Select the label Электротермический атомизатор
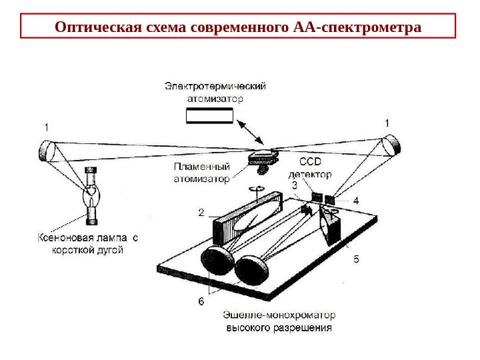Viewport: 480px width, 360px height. [215, 92]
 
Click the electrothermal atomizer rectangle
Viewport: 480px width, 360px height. [209, 117]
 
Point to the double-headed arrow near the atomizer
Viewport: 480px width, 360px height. [251, 133]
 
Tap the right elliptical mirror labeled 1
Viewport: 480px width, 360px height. [393, 144]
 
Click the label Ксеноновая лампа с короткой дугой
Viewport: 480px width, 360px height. [87, 243]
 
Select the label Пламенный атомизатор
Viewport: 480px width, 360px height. [202, 173]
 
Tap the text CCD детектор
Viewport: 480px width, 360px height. [314, 167]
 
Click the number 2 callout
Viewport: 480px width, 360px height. [201, 213]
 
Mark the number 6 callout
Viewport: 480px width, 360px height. [201, 301]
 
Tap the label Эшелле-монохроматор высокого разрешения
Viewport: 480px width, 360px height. [279, 321]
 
